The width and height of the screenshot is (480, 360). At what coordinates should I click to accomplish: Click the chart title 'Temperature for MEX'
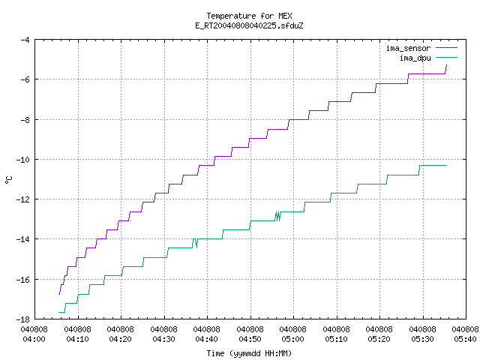coord(249,16)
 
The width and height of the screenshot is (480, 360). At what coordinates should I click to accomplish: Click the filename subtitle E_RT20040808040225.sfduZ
coord(249,25)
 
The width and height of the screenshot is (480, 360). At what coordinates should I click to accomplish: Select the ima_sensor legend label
coord(408,48)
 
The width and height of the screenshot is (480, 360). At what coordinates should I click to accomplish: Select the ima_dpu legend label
coord(415,58)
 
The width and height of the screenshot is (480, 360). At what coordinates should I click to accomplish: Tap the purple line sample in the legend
coord(447,48)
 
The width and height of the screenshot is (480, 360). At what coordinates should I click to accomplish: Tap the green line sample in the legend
coord(447,57)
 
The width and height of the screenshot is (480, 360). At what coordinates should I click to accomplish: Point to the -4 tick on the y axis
coord(25,40)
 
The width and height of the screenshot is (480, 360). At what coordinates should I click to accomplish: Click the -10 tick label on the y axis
coord(22,160)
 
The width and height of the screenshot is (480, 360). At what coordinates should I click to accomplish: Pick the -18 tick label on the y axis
coord(22,319)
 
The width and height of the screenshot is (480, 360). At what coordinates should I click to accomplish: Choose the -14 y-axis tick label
coord(22,239)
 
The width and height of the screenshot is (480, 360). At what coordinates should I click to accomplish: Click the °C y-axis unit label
coord(8,180)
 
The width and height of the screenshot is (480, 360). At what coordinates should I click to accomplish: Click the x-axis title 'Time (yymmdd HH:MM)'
coord(249,353)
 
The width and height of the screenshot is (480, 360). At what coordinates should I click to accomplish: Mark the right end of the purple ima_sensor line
coord(447,65)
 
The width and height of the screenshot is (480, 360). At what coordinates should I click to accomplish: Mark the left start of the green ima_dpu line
coord(58,312)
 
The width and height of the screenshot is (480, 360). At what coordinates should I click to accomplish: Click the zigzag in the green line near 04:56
coord(277,216)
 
